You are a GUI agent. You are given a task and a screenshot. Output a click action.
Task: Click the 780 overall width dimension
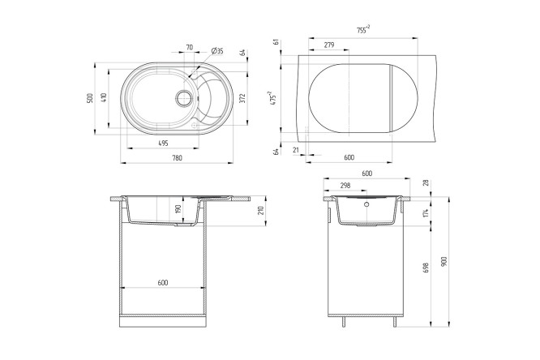click(177, 158)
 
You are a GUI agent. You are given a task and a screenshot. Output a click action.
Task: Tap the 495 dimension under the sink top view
click(163, 144)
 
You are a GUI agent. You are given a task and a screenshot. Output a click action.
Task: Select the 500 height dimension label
click(90, 99)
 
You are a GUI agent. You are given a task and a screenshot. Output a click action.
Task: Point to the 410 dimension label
click(105, 97)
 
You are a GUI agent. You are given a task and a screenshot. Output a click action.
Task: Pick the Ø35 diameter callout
click(217, 51)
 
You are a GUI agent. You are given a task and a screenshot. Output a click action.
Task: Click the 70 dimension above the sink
click(190, 48)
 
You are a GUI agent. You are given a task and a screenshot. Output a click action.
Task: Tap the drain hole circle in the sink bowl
click(184, 98)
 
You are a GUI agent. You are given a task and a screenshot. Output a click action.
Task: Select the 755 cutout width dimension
click(363, 30)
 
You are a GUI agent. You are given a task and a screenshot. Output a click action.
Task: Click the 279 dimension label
click(329, 45)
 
